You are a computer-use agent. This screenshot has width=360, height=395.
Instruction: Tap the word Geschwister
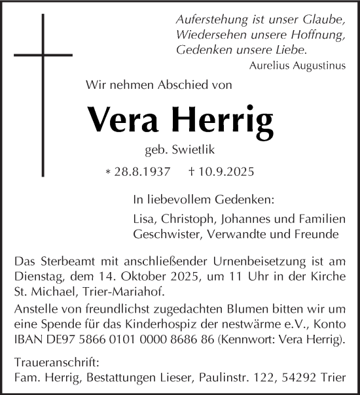pyautogui.click(x=161, y=233)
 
